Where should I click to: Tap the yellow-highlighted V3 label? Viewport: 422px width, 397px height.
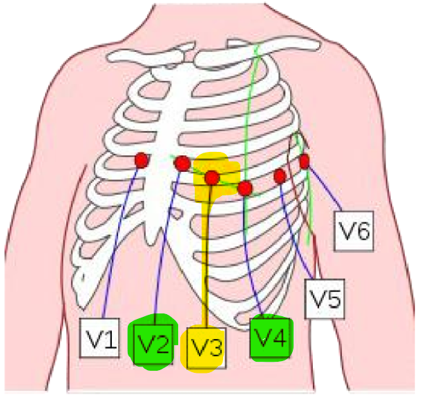(206, 349)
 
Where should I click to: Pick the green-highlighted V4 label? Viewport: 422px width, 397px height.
(270, 338)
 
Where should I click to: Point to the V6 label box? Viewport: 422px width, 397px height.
(354, 231)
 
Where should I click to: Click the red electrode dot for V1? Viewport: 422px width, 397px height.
(141, 160)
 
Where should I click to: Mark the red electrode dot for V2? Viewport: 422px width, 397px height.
(182, 164)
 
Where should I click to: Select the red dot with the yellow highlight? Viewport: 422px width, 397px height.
(212, 177)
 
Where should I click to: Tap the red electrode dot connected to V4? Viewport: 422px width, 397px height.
(244, 188)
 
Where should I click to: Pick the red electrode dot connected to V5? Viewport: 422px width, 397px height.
(280, 176)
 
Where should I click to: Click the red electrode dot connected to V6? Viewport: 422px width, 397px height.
(304, 162)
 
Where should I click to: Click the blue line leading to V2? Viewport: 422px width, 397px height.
(166, 249)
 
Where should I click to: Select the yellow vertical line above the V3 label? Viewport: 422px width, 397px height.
(206, 269)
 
